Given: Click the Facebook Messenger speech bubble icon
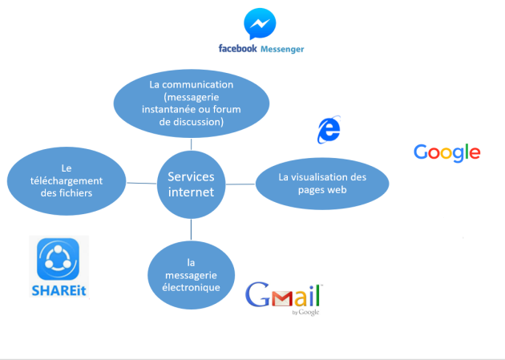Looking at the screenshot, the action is (260, 23).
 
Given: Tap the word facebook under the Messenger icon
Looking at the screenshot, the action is (238, 49).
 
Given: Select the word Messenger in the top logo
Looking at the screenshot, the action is (282, 49).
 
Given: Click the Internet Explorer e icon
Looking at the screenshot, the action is (329, 129).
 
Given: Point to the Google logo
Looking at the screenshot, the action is (447, 152).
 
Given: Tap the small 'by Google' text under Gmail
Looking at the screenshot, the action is (305, 312).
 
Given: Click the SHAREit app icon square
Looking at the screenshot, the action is (58, 259).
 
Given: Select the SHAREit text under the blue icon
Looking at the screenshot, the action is (59, 291).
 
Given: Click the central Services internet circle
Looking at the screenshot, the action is (191, 184).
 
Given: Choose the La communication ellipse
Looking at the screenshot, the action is (192, 103).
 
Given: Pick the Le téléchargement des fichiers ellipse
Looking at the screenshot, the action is (67, 181).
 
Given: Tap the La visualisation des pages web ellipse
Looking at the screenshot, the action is (322, 184).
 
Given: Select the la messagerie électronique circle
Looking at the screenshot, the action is (191, 275).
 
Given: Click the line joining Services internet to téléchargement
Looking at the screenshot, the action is (142, 184).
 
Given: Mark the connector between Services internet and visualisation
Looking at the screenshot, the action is (240, 184).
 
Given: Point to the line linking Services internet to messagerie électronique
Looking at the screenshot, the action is (191, 229).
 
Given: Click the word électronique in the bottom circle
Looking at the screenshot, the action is (191, 287).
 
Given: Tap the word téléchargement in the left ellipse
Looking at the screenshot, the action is (67, 181).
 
